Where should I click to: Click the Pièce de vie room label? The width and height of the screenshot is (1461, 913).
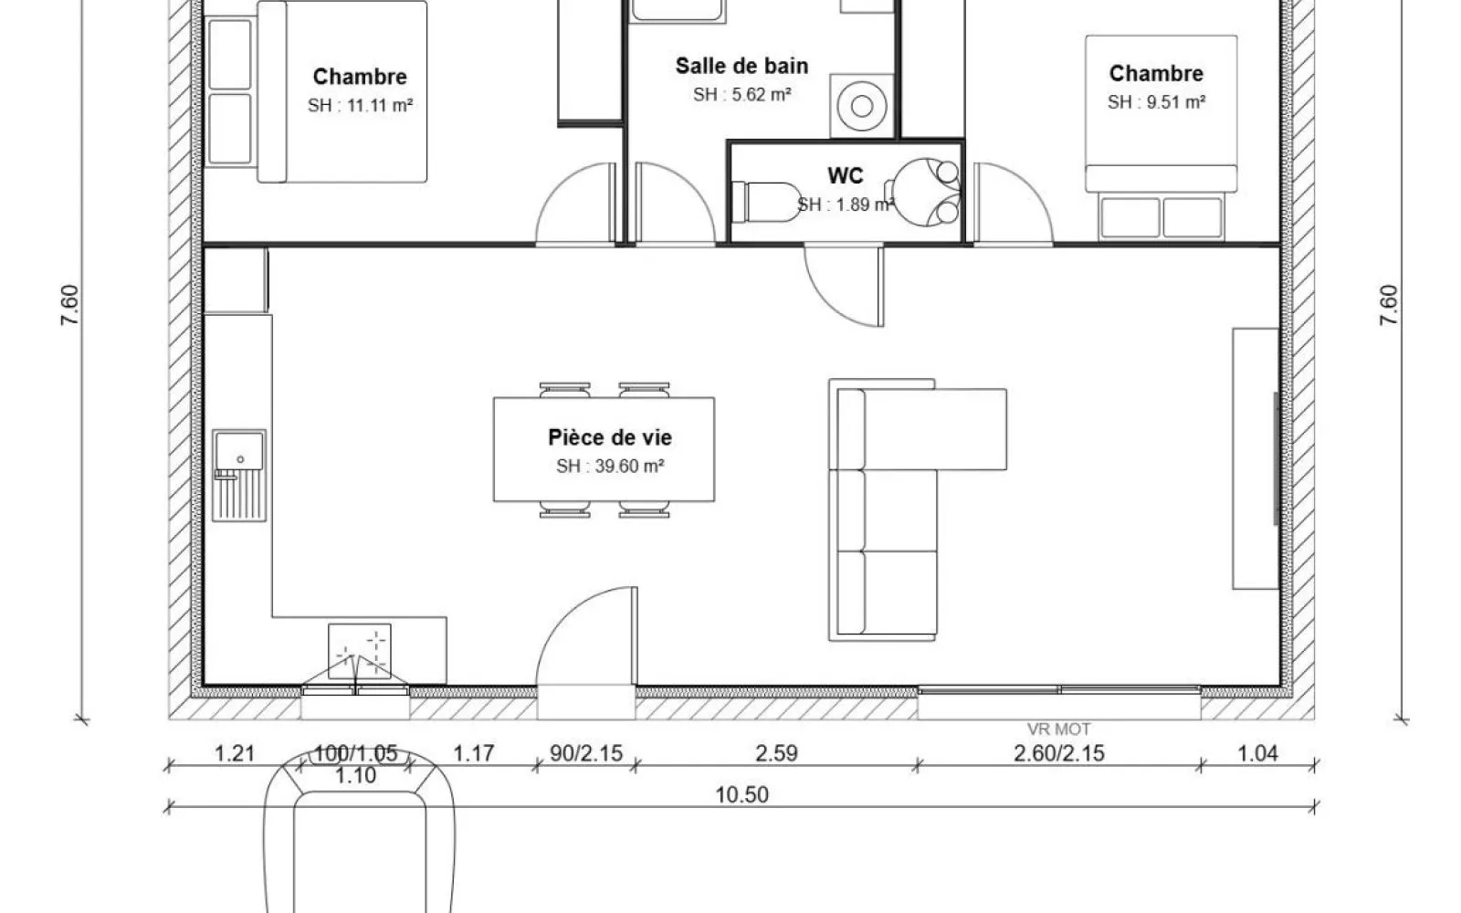610,437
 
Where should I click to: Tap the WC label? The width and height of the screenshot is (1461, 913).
846,175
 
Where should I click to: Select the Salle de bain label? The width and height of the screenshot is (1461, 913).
741,66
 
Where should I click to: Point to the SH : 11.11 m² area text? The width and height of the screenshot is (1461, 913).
360,105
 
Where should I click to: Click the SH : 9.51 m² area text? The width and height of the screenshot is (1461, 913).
1156,102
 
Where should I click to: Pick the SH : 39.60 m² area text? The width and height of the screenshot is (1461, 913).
610,467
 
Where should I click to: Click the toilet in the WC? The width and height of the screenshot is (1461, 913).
766,202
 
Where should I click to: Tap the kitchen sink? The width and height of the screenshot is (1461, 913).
239,476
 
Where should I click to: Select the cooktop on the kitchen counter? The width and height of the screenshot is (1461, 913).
360,651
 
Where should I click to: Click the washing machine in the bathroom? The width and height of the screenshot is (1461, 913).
862,106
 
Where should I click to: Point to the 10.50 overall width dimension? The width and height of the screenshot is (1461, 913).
741,795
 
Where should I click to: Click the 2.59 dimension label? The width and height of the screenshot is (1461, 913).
776,753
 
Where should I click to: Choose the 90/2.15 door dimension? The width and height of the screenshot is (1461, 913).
585,753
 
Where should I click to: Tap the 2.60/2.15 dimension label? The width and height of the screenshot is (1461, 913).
1058,753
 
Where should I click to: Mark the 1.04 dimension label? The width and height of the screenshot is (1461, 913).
1257,753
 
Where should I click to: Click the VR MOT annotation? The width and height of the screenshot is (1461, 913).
1058,729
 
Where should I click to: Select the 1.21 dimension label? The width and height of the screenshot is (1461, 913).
234,753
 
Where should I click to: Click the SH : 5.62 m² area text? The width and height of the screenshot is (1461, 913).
741,95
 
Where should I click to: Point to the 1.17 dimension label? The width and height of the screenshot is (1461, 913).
474,753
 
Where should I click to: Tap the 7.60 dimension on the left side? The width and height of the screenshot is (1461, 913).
69,305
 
